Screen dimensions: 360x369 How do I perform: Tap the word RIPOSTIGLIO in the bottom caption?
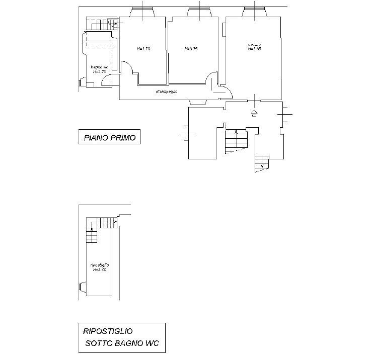coord(108,331)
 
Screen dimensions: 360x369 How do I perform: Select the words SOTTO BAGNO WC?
coord(121,344)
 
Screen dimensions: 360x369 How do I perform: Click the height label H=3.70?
coord(143,49)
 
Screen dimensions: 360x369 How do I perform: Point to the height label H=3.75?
coord(191,49)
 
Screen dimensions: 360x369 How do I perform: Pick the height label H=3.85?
coord(254,49)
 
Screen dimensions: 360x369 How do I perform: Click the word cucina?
coord(254,44)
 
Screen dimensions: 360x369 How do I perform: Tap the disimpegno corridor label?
coord(167,91)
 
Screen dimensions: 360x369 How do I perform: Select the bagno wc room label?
coord(99,67)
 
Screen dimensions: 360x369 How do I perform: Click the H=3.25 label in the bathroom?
coord(99,71)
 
